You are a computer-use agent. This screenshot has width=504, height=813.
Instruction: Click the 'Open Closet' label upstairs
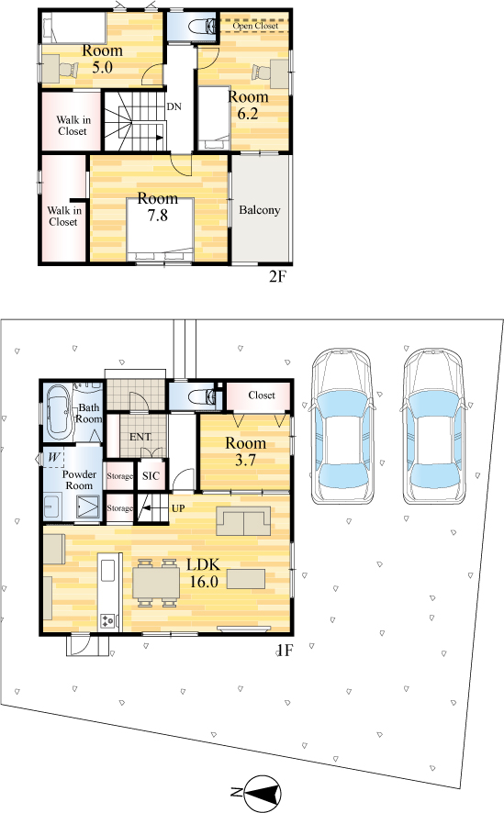click(x=255, y=26)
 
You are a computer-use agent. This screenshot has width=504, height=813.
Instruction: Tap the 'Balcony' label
click(x=259, y=210)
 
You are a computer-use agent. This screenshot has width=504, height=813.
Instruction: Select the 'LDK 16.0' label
click(x=204, y=573)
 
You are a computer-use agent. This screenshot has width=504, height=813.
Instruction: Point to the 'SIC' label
click(x=151, y=475)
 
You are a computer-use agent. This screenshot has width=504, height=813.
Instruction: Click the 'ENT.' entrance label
click(x=140, y=437)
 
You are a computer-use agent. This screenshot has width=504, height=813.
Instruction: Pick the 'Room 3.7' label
click(x=246, y=451)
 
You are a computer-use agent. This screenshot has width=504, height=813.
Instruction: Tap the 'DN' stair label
click(x=174, y=106)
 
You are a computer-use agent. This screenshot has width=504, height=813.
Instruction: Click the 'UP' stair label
click(x=178, y=508)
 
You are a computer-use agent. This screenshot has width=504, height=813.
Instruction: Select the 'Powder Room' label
click(x=79, y=480)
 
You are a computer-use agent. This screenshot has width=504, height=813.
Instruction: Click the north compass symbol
click(x=263, y=793)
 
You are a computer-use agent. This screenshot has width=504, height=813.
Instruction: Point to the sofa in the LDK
click(x=243, y=520)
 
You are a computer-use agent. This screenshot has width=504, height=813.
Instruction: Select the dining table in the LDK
click(x=156, y=583)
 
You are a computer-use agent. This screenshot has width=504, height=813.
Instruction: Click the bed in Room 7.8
click(x=161, y=229)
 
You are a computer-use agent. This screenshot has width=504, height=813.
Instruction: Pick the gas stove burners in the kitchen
click(x=109, y=620)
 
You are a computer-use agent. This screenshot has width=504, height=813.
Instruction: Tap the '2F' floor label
click(x=277, y=276)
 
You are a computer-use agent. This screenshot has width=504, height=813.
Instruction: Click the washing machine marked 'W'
click(x=53, y=458)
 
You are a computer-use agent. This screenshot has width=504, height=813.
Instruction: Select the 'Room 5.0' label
click(x=102, y=59)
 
